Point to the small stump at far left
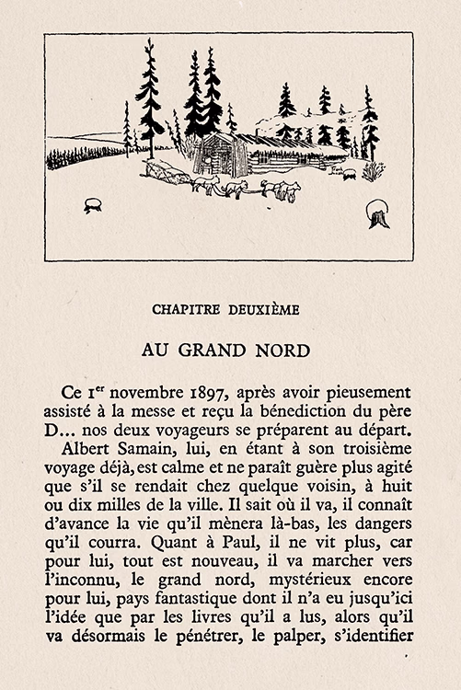click(92, 205)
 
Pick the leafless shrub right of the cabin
click(373, 171)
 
